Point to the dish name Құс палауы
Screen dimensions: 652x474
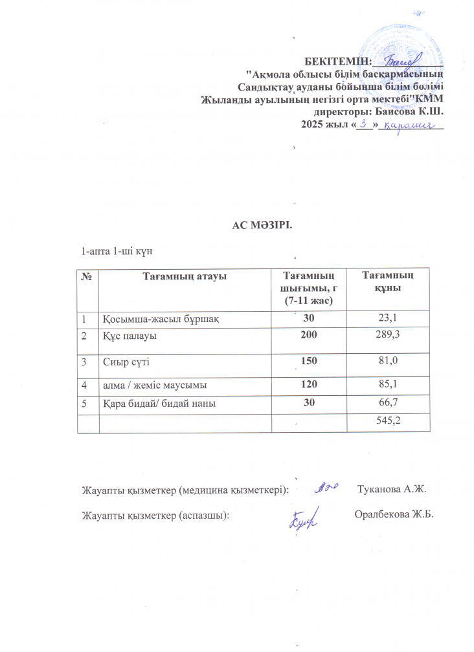(x=130, y=336)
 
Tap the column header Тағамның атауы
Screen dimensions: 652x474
(x=184, y=277)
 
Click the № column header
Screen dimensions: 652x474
(x=86, y=277)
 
